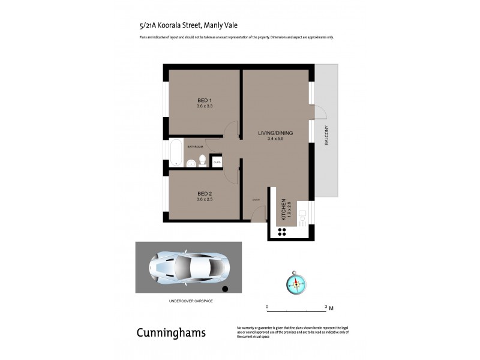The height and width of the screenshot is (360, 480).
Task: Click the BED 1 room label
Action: [x=205, y=100]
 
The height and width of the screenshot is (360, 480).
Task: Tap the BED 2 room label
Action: [x=205, y=193]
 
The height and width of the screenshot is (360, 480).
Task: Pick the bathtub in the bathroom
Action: [x=175, y=153]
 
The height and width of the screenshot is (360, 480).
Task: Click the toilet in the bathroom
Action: [x=203, y=160]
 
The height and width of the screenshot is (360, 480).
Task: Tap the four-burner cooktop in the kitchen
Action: [x=281, y=231]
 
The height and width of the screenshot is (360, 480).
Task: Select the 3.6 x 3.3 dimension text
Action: [x=205, y=106]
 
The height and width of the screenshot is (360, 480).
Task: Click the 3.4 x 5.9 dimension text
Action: [x=275, y=139]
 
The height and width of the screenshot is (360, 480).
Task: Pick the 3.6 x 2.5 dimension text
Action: [x=205, y=200]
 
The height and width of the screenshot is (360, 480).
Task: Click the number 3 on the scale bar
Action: [x=325, y=307]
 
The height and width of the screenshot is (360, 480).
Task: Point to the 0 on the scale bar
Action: [x=267, y=307]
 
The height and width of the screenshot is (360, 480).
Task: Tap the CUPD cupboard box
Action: [x=217, y=161]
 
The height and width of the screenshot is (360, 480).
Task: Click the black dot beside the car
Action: [x=225, y=289]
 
